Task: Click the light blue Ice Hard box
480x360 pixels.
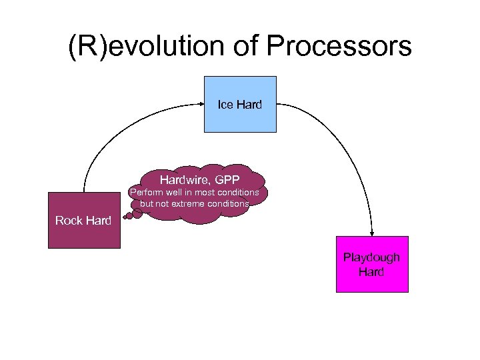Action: click(239, 117)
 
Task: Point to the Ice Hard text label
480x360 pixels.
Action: click(239, 105)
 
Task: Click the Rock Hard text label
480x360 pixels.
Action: click(83, 221)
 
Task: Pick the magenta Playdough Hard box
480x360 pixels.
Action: click(371, 280)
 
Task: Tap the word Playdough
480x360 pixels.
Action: click(371, 257)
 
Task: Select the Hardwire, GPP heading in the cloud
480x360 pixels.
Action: click(199, 179)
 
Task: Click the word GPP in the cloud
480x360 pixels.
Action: click(227, 179)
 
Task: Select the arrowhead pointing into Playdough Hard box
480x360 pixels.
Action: click(371, 231)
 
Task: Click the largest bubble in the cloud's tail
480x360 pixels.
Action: click(137, 214)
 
